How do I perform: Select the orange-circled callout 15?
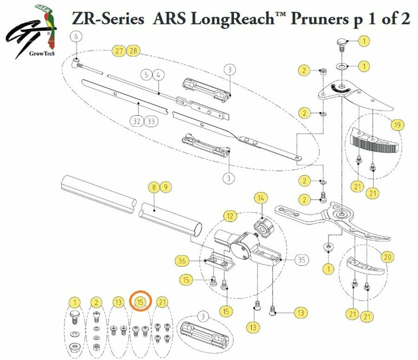pos(140,302)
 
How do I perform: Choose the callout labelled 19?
pos(397,125)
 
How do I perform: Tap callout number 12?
pos(229,215)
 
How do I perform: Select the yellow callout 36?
pos(183,261)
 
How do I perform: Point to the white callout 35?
pos(301,260)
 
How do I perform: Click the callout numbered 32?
pos(137,121)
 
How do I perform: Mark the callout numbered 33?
pos(150,121)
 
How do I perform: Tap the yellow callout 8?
pos(153,188)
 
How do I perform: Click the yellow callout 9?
pos(165,188)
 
